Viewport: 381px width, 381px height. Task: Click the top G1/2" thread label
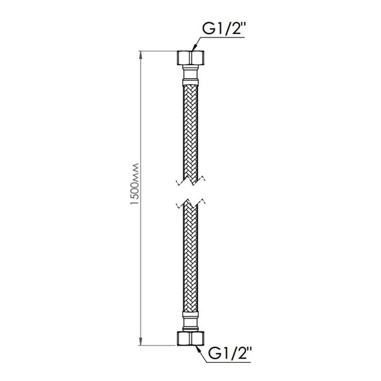[x=222, y=30]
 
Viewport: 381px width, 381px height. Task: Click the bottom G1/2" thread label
[x=229, y=354]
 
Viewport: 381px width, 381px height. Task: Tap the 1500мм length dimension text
[x=134, y=184]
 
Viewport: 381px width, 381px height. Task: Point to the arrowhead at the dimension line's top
[x=140, y=55]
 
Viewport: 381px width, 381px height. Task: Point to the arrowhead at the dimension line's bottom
[x=140, y=341]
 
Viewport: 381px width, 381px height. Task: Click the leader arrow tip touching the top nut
[x=192, y=51]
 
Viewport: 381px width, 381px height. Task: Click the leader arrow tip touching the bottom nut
[x=196, y=346]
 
